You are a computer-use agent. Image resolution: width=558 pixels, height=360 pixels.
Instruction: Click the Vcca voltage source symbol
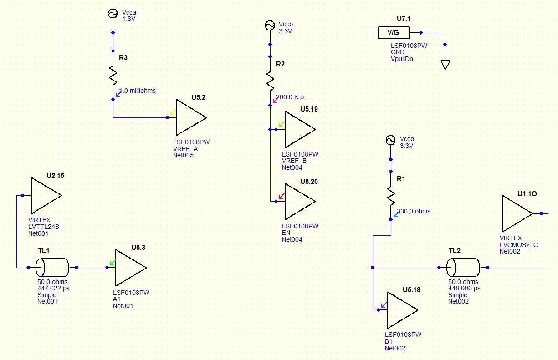tap(113, 14)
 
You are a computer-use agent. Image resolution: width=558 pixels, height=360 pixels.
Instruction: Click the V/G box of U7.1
tap(393, 33)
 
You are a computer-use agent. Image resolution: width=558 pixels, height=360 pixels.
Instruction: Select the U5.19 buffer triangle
tap(299, 129)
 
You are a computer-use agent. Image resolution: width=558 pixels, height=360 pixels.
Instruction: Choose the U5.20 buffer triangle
tap(299, 201)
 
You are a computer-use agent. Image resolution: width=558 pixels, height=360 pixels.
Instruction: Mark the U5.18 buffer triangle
tap(401, 310)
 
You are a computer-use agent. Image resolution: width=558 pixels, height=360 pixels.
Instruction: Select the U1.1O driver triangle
tap(516, 213)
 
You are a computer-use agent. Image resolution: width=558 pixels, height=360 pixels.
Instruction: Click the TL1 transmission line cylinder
tap(52, 268)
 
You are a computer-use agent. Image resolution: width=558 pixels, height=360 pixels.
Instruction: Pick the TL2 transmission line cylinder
tap(463, 268)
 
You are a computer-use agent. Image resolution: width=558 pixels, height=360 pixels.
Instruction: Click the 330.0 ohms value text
tap(414, 211)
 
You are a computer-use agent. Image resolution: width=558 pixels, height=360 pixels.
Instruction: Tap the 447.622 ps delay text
tap(53, 288)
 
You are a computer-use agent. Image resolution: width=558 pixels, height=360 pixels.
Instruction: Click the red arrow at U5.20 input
tap(281, 196)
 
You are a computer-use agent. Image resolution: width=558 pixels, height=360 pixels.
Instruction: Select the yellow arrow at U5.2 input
tap(172, 112)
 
